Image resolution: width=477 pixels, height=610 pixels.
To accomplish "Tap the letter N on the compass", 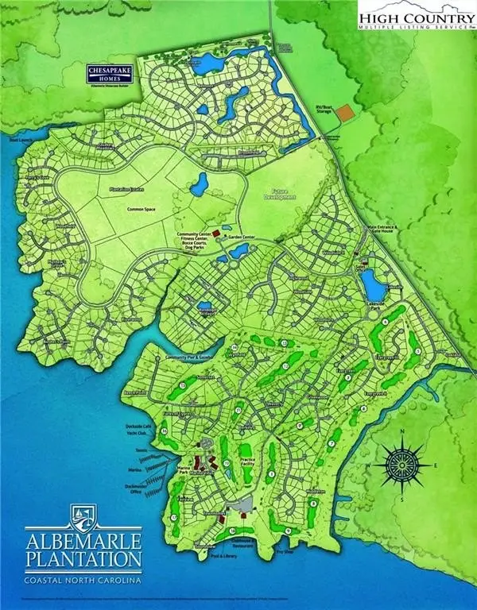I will click(403, 432).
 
